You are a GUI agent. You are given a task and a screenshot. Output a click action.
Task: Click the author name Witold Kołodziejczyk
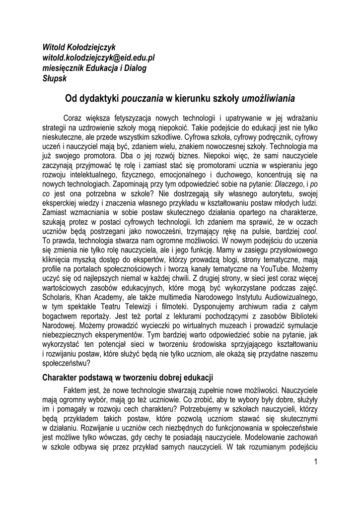79,47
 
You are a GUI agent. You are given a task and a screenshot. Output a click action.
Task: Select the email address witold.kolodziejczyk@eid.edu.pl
99,58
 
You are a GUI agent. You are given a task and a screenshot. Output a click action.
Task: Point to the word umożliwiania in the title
268,99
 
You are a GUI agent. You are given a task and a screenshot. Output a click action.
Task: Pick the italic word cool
309,231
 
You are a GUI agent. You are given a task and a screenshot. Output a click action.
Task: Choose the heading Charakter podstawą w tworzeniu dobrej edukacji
128,377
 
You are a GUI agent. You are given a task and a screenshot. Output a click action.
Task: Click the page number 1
315,462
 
